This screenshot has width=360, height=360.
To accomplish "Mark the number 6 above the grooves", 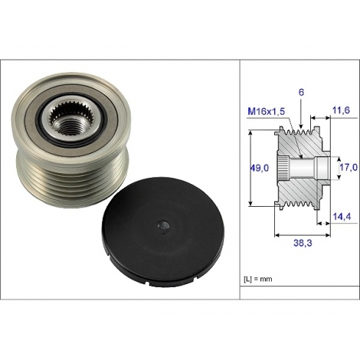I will coord(300,91).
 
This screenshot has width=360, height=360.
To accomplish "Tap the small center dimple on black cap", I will coord(162,226).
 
